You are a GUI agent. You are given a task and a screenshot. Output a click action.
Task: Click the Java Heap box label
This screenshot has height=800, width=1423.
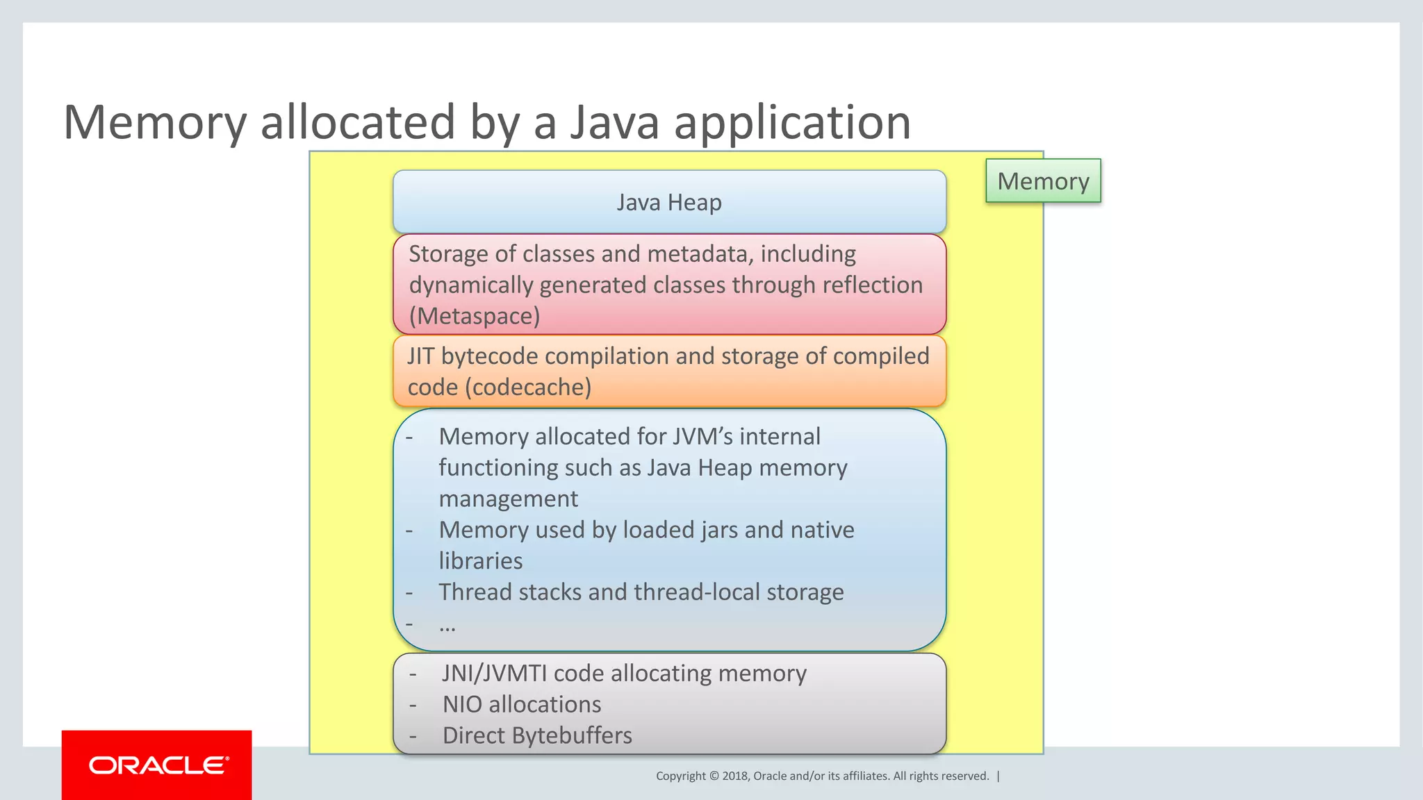pos(669,202)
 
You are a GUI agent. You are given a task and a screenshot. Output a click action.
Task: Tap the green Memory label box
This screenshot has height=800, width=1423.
pos(1043,181)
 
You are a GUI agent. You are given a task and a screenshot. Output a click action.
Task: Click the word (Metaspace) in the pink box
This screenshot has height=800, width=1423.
pos(475,316)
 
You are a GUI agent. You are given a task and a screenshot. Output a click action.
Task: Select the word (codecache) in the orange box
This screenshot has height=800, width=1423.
pos(528,387)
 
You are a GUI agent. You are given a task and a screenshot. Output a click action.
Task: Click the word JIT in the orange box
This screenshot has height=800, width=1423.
pos(420,356)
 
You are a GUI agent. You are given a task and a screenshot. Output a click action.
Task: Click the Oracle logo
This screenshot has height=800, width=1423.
pos(157,765)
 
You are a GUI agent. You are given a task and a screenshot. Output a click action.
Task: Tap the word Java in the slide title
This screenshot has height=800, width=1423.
pos(614,122)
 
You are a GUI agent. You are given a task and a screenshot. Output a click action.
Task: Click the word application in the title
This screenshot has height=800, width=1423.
pos(792,122)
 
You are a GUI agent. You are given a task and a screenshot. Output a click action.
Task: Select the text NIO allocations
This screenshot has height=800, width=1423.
pos(522,704)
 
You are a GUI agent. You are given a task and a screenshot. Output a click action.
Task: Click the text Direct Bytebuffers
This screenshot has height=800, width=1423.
pos(537,735)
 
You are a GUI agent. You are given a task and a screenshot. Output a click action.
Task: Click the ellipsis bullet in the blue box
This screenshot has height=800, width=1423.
pos(447,624)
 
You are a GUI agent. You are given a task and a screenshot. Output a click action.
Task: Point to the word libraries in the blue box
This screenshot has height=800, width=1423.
pos(481,560)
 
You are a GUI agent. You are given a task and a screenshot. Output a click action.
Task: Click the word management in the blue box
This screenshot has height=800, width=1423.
pos(509,499)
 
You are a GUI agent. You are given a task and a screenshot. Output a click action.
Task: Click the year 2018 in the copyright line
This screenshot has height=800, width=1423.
pos(734,776)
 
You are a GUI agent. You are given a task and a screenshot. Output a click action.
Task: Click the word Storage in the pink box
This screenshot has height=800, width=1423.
pos(448,254)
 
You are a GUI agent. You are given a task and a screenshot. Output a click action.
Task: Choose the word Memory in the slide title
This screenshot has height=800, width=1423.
pos(154,122)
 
